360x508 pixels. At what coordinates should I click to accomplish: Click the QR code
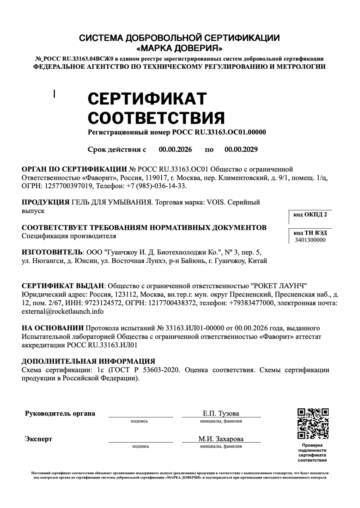[313, 423]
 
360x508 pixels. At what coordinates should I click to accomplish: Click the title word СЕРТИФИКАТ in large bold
[147, 99]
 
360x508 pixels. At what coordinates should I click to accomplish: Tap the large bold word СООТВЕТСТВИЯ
[156, 118]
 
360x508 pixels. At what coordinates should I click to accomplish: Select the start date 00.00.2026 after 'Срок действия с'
[175, 149]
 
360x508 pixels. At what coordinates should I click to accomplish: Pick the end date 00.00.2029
[241, 149]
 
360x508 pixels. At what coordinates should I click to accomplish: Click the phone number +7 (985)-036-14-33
[157, 186]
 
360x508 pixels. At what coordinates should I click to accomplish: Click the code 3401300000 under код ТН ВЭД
[310, 240]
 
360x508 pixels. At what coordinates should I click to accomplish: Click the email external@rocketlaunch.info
[63, 312]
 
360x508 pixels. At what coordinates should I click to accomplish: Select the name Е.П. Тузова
[221, 413]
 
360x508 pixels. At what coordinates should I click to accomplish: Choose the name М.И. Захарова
[221, 439]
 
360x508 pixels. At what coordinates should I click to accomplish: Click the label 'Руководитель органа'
[60, 413]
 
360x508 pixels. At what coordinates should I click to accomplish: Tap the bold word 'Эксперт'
[39, 439]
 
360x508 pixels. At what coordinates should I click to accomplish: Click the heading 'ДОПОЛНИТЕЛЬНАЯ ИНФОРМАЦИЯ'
[89, 361]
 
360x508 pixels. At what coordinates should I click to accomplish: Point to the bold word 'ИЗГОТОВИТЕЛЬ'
[52, 252]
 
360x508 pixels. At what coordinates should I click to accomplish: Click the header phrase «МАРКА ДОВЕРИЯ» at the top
[179, 48]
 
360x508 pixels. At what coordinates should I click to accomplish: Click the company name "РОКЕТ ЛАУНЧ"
[278, 286]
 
